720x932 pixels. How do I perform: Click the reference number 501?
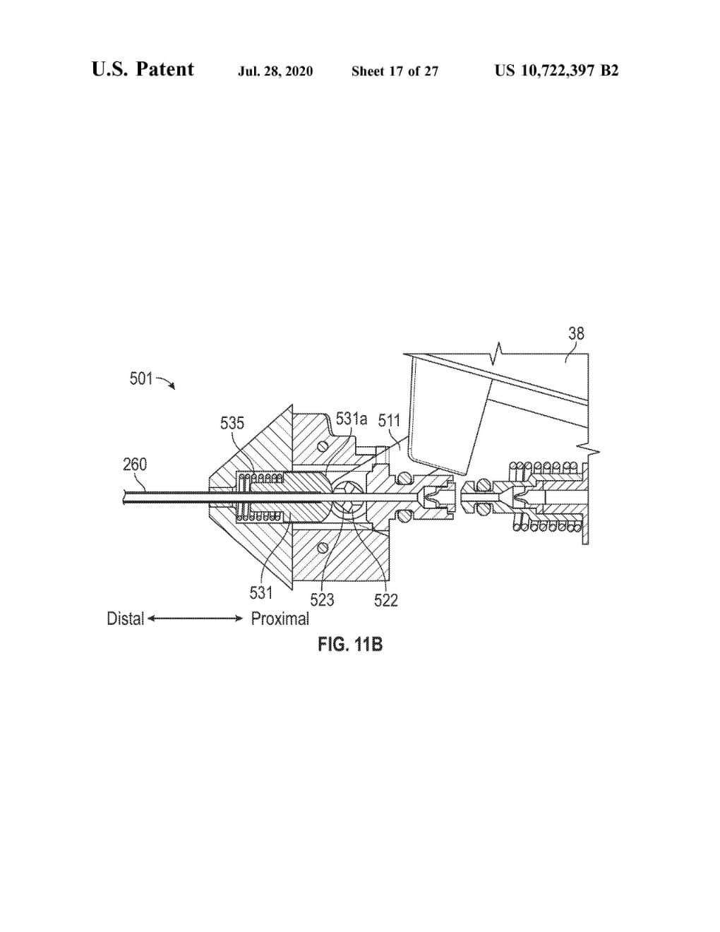[x=141, y=378]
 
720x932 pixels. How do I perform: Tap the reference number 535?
[x=232, y=424]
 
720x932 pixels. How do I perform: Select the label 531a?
[x=352, y=419]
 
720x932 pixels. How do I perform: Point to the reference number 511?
[x=389, y=421]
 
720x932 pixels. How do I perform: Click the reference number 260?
[x=135, y=464]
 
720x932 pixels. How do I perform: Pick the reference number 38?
[x=576, y=333]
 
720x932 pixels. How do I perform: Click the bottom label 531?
[x=261, y=593]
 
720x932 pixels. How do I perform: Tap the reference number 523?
[x=322, y=600]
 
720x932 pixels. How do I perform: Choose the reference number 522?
[x=386, y=600]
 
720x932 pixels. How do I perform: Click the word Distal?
[x=125, y=619]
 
